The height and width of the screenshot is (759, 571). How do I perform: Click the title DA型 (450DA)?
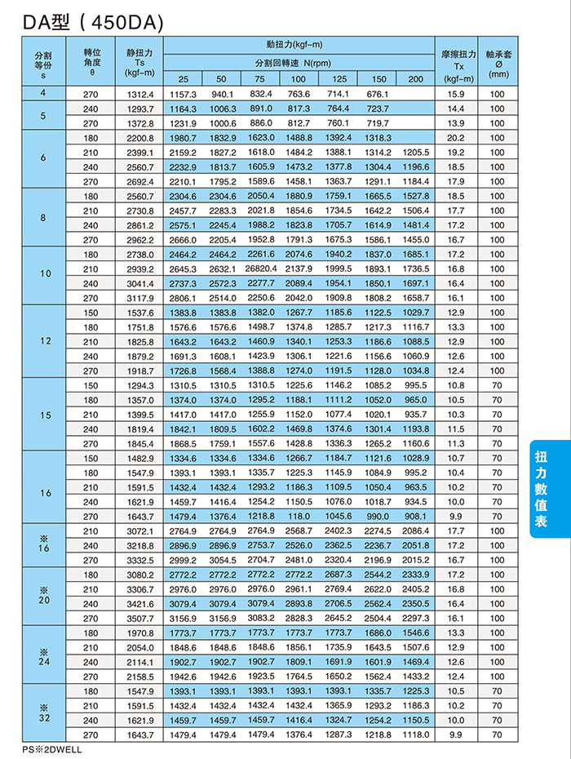tap(93, 24)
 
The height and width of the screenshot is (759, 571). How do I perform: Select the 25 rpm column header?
tap(184, 78)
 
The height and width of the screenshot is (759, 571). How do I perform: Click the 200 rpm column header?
tap(416, 78)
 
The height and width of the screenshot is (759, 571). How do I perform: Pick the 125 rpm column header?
tap(338, 78)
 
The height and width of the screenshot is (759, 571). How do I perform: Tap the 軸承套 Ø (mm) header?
tap(498, 64)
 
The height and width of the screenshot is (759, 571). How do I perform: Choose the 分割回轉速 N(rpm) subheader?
tap(299, 63)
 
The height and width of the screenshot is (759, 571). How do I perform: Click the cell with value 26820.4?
tap(261, 269)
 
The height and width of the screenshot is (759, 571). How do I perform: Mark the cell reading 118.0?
tap(299, 516)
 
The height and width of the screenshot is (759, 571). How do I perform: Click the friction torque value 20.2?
tap(456, 138)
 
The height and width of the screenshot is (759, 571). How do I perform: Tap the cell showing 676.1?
tap(377, 94)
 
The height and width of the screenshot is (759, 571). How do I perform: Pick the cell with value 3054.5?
tap(222, 560)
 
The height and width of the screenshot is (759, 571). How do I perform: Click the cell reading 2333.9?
tap(416, 575)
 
